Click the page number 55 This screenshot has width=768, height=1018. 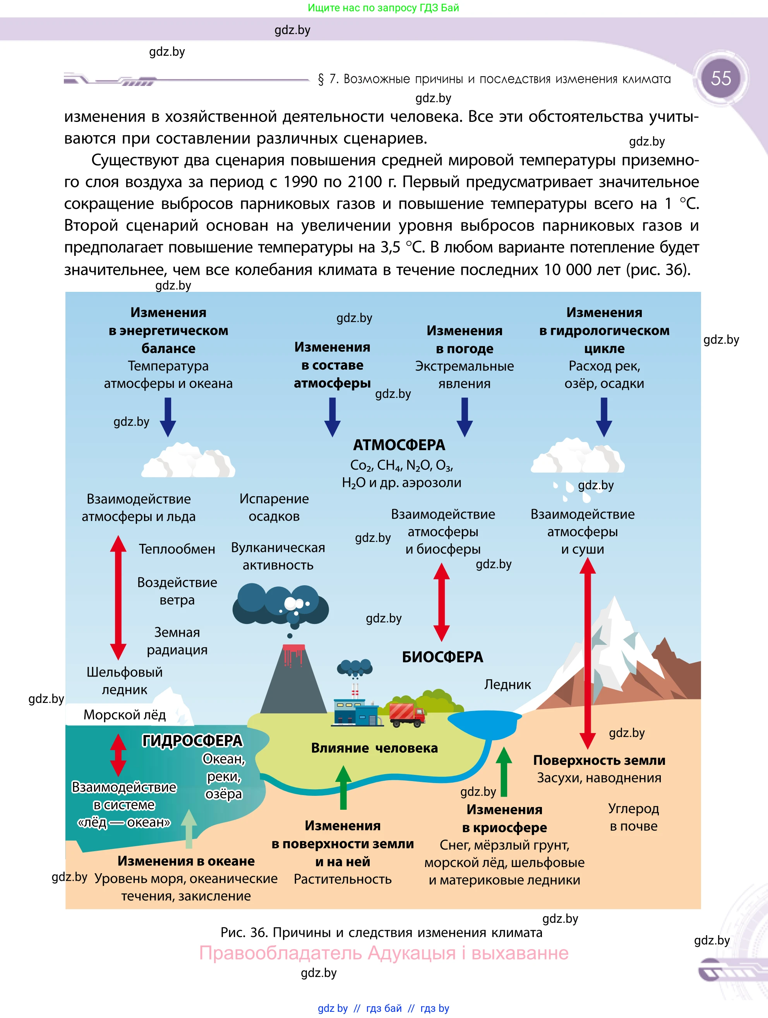point(721,78)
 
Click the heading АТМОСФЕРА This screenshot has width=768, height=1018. point(399,445)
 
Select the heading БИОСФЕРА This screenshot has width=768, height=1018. point(442,657)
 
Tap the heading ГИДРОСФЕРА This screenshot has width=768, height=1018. point(192,740)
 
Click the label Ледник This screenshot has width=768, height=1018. point(507,684)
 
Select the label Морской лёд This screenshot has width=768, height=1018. point(124,715)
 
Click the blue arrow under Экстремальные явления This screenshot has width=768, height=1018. point(465,416)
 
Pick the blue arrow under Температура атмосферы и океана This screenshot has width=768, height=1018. point(168,416)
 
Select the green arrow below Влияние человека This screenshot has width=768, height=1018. point(343,787)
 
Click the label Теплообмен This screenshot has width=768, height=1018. point(177,549)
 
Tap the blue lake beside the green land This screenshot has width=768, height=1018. point(484,723)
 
